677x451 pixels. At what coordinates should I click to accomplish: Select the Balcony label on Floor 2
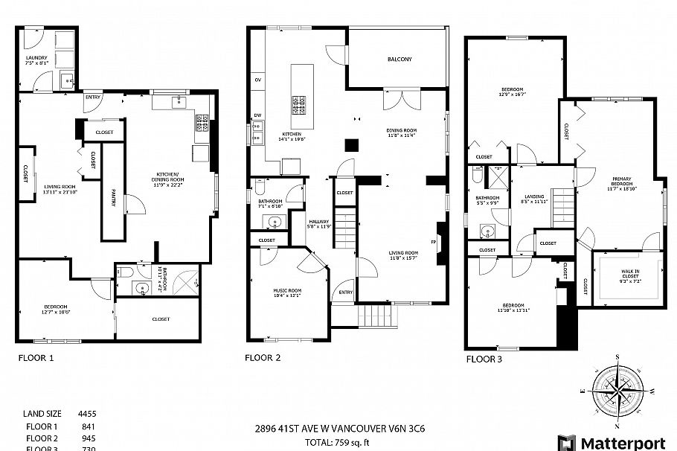[399, 59]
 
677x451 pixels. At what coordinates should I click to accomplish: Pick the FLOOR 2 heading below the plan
[263, 358]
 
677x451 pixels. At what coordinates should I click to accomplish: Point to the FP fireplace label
[434, 242]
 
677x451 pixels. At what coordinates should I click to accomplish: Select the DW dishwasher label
[257, 115]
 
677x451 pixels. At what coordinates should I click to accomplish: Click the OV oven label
[258, 80]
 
